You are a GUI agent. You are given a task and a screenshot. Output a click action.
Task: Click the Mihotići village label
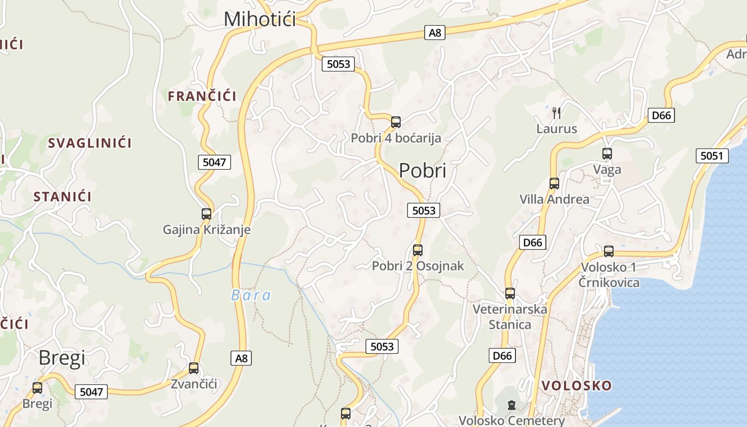pos(260,19)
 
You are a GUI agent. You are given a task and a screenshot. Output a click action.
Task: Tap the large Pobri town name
pos(423,170)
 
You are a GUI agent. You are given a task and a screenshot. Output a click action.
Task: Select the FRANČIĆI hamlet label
pos(202,96)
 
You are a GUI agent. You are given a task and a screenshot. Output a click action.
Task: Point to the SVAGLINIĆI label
pos(90,143)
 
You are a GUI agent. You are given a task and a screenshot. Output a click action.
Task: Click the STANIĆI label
pos(62,196)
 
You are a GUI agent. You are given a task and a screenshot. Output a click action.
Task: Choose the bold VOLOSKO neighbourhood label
pos(576,385)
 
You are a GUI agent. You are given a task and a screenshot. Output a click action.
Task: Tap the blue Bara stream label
pos(251,295)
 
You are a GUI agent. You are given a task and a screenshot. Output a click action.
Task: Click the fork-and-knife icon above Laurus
pos(557,113)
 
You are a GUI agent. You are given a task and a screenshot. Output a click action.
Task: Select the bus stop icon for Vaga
pos(607,154)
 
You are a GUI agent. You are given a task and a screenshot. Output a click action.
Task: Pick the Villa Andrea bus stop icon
pos(554,184)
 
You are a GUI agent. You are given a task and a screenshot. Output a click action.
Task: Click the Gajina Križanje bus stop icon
pos(206,214)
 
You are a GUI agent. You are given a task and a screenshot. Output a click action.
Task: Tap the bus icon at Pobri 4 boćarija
pos(396,122)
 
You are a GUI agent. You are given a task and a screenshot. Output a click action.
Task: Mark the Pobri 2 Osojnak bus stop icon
pos(418,250)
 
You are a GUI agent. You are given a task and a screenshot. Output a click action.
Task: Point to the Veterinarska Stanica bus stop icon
pos(510,294)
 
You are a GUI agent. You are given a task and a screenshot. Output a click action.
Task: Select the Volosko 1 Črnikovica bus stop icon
pos(609,251)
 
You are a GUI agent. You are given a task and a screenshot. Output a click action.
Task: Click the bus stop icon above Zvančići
pos(194,368)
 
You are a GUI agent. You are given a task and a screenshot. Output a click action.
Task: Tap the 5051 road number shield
pos(712,156)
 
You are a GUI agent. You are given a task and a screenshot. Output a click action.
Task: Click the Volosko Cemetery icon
pos(512,405)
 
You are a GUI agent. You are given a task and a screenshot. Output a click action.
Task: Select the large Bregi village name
pos(62,358)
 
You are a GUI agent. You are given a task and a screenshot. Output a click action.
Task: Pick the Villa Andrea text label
pos(554,200)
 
